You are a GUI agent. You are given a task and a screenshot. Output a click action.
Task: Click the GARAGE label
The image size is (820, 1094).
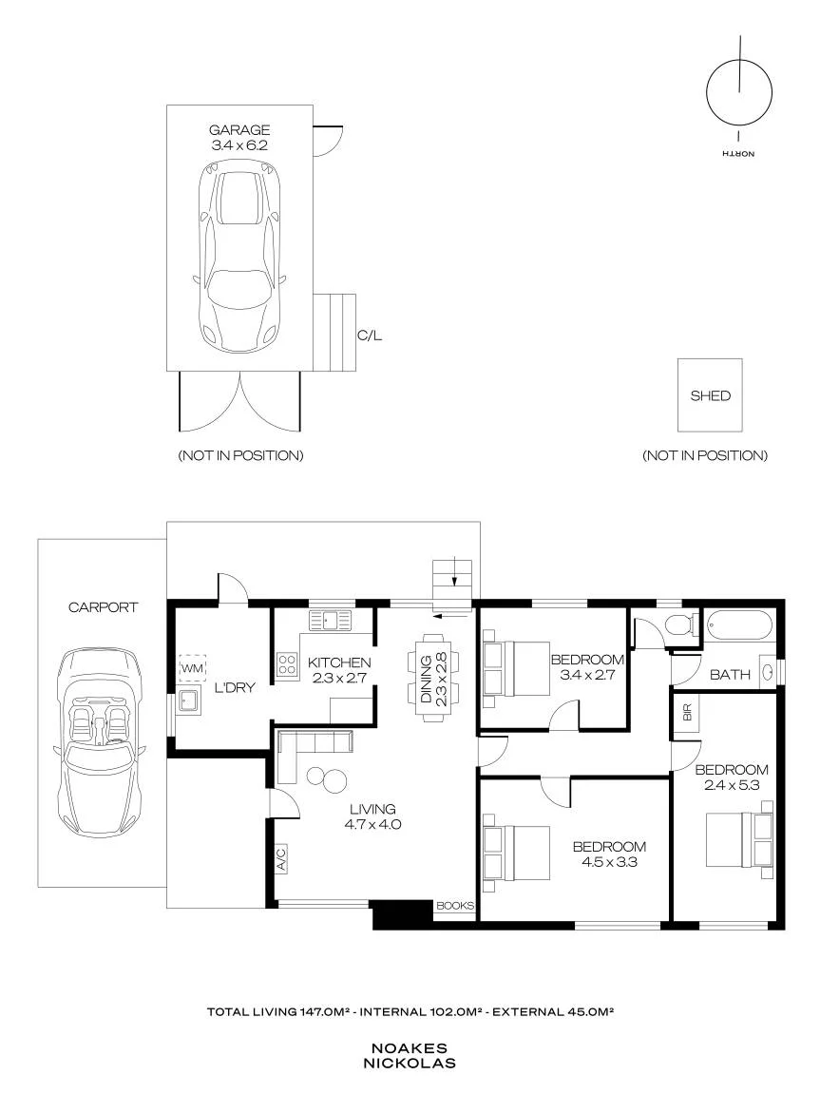pyautogui.click(x=239, y=130)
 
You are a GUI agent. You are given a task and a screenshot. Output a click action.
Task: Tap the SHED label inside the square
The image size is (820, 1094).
pyautogui.click(x=710, y=395)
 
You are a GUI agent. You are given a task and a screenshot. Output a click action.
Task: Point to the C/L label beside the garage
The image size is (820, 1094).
pyautogui.click(x=370, y=336)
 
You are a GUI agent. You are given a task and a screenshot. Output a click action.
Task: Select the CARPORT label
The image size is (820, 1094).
pyautogui.click(x=104, y=607)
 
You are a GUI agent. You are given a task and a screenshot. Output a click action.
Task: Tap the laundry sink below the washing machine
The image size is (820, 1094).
pyautogui.click(x=188, y=701)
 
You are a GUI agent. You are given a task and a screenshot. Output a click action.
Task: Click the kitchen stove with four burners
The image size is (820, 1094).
pyautogui.click(x=287, y=663)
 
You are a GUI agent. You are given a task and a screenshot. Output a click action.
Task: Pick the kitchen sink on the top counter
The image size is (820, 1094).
pyautogui.click(x=332, y=620)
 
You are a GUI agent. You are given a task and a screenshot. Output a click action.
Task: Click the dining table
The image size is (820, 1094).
pyautogui.click(x=433, y=679)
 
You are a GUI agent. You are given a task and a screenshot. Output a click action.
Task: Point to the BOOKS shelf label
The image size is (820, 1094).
pyautogui.click(x=454, y=906)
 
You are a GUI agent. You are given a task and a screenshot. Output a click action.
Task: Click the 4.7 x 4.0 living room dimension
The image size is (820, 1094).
pyautogui.click(x=372, y=824)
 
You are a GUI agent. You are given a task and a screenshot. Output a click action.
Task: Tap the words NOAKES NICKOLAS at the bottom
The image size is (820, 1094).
pyautogui.click(x=410, y=1056)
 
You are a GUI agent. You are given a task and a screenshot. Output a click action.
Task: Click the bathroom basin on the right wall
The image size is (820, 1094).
pyautogui.click(x=767, y=672)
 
